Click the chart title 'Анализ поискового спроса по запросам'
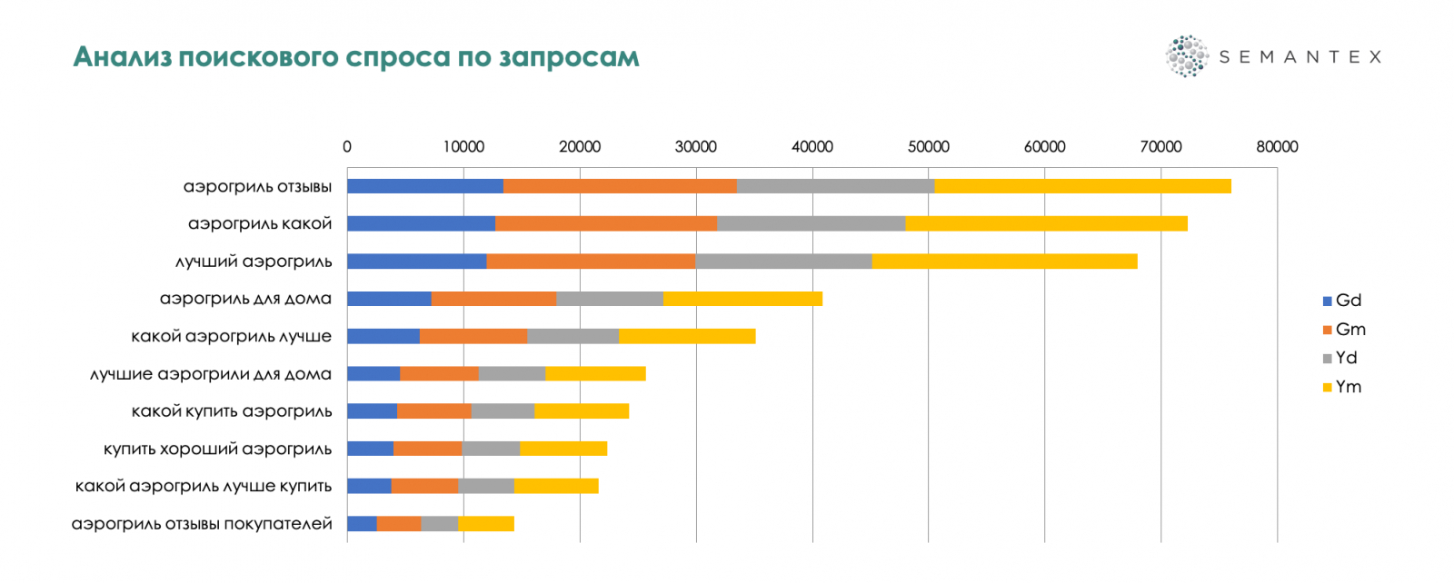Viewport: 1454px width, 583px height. (356, 57)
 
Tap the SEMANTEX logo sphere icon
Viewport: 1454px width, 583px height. (1186, 56)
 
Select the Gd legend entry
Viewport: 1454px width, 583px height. (1342, 301)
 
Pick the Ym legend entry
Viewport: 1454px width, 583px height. (1342, 387)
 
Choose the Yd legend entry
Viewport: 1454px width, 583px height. (1340, 358)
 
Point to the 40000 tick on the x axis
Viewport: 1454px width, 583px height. (812, 147)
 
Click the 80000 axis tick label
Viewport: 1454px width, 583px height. (1277, 147)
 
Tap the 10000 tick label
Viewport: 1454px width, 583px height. (463, 147)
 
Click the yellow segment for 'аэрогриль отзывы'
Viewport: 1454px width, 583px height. (1082, 186)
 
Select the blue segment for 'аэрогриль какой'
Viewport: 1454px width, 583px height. (421, 223)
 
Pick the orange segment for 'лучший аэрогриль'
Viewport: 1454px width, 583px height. (591, 262)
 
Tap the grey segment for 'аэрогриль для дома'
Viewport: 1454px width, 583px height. (609, 299)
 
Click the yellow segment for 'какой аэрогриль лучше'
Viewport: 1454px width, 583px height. (687, 336)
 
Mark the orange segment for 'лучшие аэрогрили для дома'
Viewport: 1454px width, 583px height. (439, 373)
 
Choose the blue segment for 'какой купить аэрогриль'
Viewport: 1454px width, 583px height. (372, 411)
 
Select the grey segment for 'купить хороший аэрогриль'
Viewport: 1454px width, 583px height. (491, 449)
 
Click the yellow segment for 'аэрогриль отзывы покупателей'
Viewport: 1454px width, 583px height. (486, 523)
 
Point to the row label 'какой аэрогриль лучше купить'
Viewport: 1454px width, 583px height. (204, 486)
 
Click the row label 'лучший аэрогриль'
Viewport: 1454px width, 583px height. (254, 262)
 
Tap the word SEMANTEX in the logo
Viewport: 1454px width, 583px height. (1300, 57)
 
